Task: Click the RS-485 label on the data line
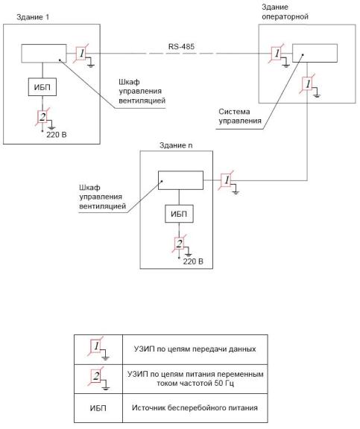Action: [x=181, y=46]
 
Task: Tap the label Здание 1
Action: [x=33, y=17]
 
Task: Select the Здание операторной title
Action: [x=285, y=12]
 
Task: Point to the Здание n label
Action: [x=176, y=145]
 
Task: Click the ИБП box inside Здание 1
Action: [x=42, y=87]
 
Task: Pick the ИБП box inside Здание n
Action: [x=179, y=214]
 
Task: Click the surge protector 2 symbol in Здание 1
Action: [x=43, y=117]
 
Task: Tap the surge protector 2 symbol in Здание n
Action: [x=180, y=244]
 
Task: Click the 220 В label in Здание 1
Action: [x=57, y=135]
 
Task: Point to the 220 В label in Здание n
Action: [x=193, y=261]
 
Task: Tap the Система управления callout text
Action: [x=240, y=116]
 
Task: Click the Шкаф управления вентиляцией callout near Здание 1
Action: [x=142, y=91]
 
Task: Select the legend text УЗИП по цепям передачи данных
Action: [x=195, y=349]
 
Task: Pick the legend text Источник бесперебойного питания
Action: [x=195, y=408]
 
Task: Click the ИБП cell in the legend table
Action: [x=98, y=408]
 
